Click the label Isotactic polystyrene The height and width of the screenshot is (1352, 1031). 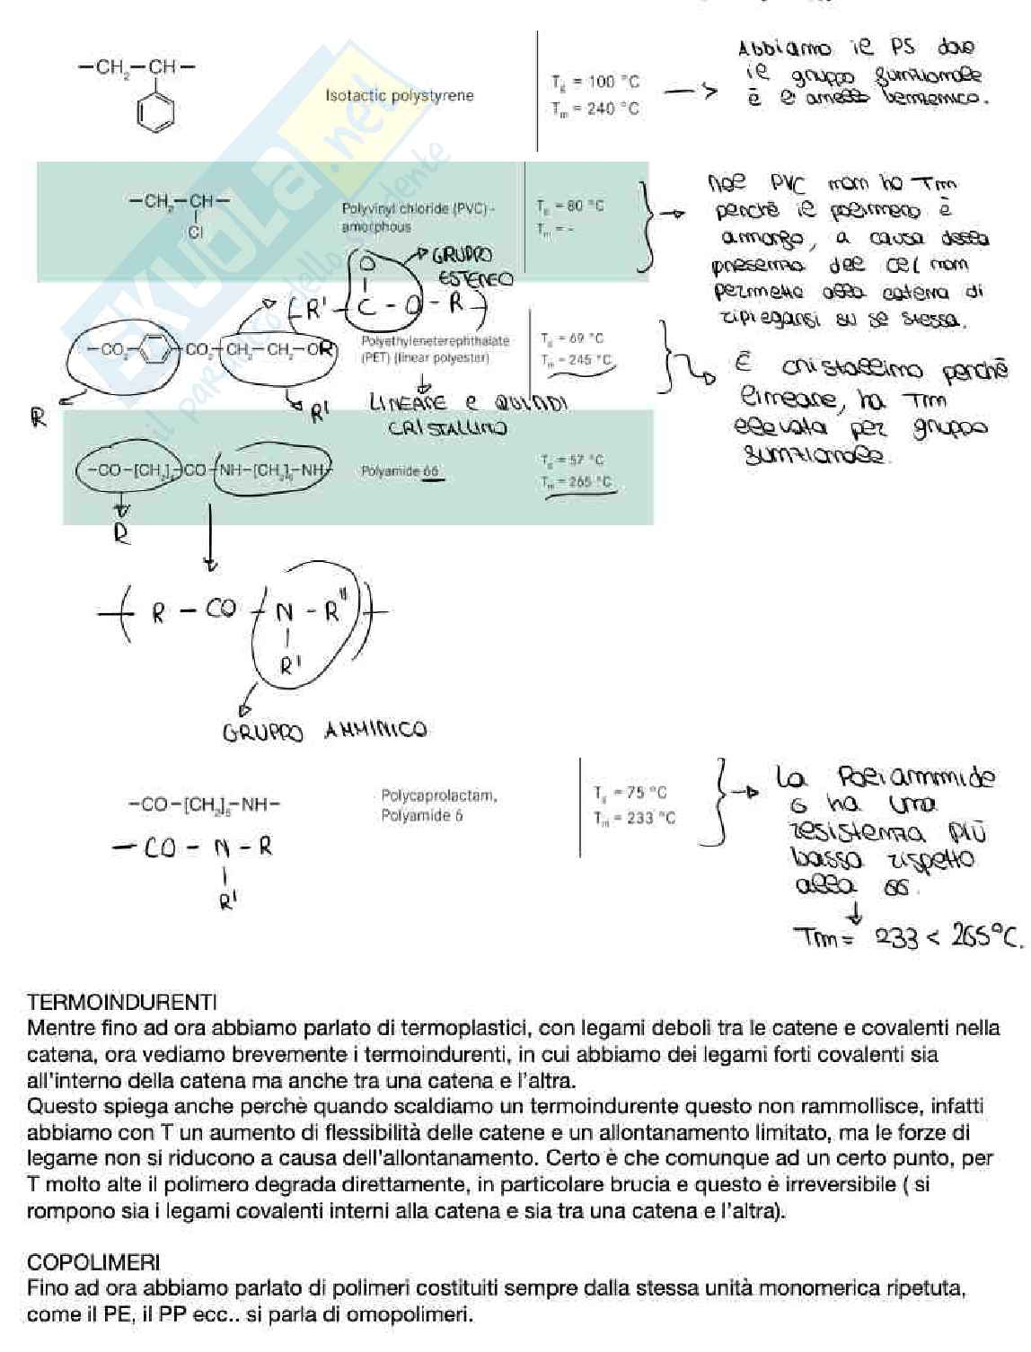pyautogui.click(x=400, y=95)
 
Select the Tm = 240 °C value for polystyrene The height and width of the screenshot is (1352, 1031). pyautogui.click(x=595, y=109)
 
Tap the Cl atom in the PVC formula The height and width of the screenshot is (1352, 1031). pyautogui.click(x=195, y=232)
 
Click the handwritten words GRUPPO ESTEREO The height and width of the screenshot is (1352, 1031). pyautogui.click(x=467, y=267)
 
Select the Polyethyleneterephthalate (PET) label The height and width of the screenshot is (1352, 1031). pyautogui.click(x=435, y=349)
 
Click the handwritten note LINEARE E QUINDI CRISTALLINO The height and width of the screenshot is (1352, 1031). pyautogui.click(x=468, y=415)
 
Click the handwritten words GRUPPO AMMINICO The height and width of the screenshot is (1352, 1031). pyautogui.click(x=324, y=731)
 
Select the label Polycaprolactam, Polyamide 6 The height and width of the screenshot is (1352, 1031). pyautogui.click(x=438, y=805)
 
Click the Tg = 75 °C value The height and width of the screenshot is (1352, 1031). pyautogui.click(x=630, y=793)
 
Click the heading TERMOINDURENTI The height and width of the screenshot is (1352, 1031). pyautogui.click(x=122, y=1000)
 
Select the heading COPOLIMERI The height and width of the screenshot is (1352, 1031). pyautogui.click(x=93, y=1263)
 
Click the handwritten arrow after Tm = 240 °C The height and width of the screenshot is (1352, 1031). pyautogui.click(x=690, y=91)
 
